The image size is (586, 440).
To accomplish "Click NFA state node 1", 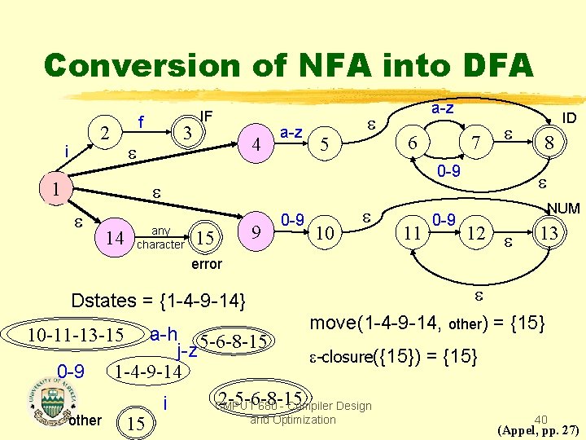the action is coord(54,188).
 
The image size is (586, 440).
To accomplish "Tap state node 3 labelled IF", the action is coord(187,130).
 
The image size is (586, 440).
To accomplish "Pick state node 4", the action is coord(256,145).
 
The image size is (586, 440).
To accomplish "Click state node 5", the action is coord(324,146).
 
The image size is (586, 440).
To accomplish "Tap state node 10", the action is coord(324,235).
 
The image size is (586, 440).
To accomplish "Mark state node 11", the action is coord(413,235).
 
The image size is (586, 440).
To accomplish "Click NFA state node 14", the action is coord(117,238).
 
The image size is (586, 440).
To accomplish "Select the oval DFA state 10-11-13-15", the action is coord(75,335).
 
